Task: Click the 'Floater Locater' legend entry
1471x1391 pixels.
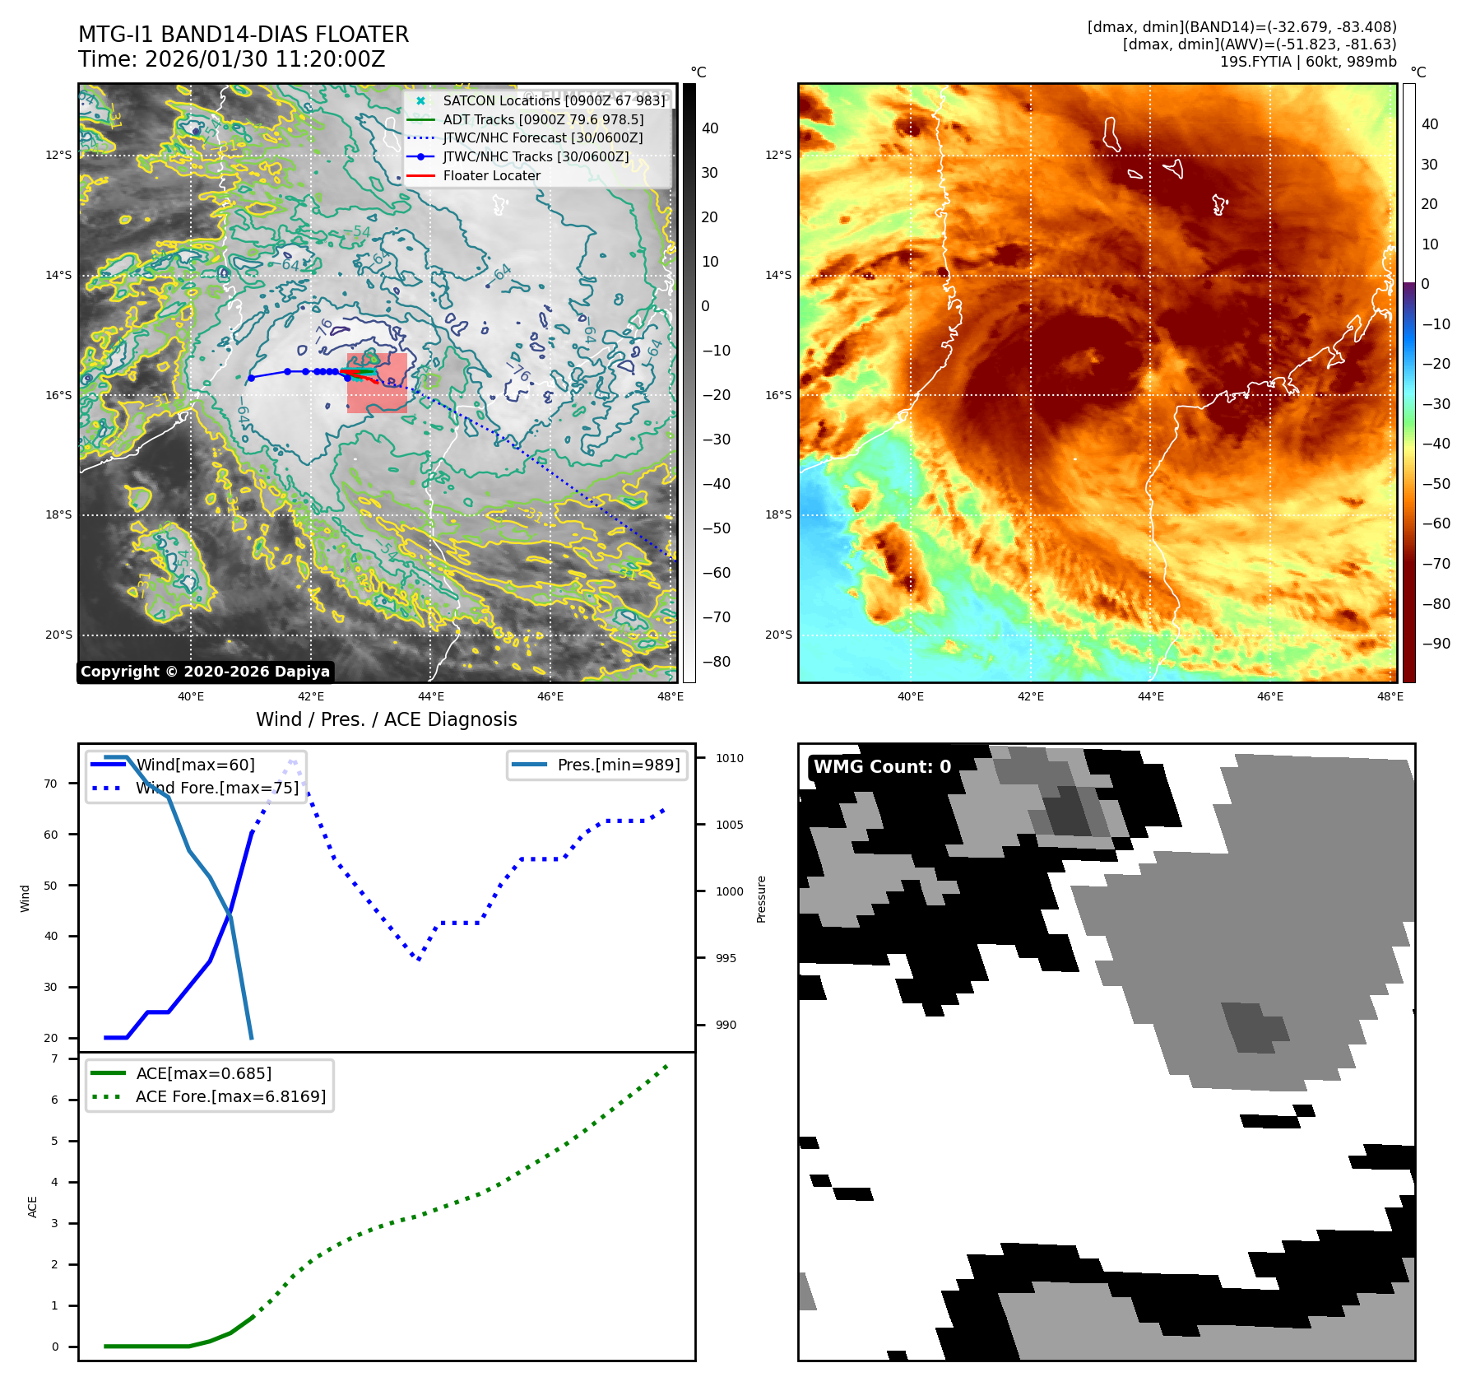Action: [491, 175]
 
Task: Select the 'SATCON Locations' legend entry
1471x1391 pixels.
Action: [553, 100]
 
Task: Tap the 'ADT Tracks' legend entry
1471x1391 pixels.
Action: [542, 119]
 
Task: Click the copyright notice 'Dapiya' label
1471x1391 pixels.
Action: [205, 672]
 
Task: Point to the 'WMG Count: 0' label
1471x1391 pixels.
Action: [882, 767]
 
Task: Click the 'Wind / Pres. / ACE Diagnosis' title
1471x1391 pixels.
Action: [386, 719]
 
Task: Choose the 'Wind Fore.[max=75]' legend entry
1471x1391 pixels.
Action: [216, 788]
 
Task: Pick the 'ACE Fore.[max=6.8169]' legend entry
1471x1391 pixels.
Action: [230, 1096]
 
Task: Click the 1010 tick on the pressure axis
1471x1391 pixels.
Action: [729, 758]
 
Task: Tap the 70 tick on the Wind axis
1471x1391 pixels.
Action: [51, 784]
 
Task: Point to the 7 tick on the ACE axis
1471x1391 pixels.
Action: [55, 1058]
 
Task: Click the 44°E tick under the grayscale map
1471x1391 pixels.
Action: [430, 696]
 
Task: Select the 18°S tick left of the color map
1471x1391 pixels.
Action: [778, 514]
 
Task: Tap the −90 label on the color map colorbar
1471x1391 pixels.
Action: [1436, 644]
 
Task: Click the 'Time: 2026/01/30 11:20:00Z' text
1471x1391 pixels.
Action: [231, 59]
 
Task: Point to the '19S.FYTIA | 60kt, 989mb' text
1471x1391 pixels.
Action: [1307, 62]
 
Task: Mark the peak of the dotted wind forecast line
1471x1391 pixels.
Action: [291, 762]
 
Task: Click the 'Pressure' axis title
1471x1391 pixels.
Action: [761, 899]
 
